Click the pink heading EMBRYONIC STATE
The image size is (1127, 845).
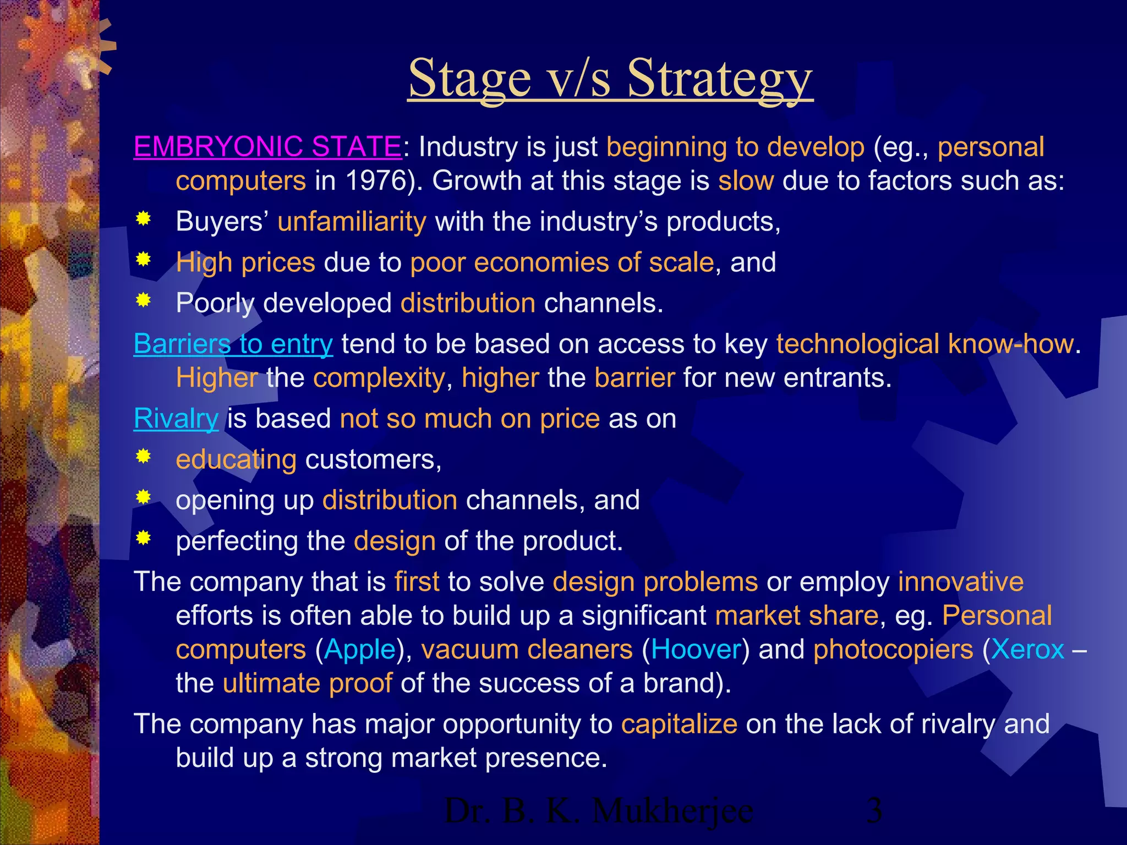click(267, 147)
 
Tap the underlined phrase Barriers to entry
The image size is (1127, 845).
click(233, 344)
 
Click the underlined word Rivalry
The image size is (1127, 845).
click(176, 419)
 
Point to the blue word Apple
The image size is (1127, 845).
click(360, 650)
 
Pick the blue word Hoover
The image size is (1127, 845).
click(696, 650)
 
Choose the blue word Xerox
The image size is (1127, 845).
click(1027, 650)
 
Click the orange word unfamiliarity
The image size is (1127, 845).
click(352, 222)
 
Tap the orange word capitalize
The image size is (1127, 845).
click(679, 724)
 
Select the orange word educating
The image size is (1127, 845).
click(236, 459)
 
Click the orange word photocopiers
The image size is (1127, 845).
click(893, 650)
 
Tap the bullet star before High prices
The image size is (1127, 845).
click(144, 259)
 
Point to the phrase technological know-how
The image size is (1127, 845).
click(925, 344)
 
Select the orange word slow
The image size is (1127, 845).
click(746, 181)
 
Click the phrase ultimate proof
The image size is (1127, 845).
click(307, 683)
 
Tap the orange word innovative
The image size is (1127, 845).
click(961, 582)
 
